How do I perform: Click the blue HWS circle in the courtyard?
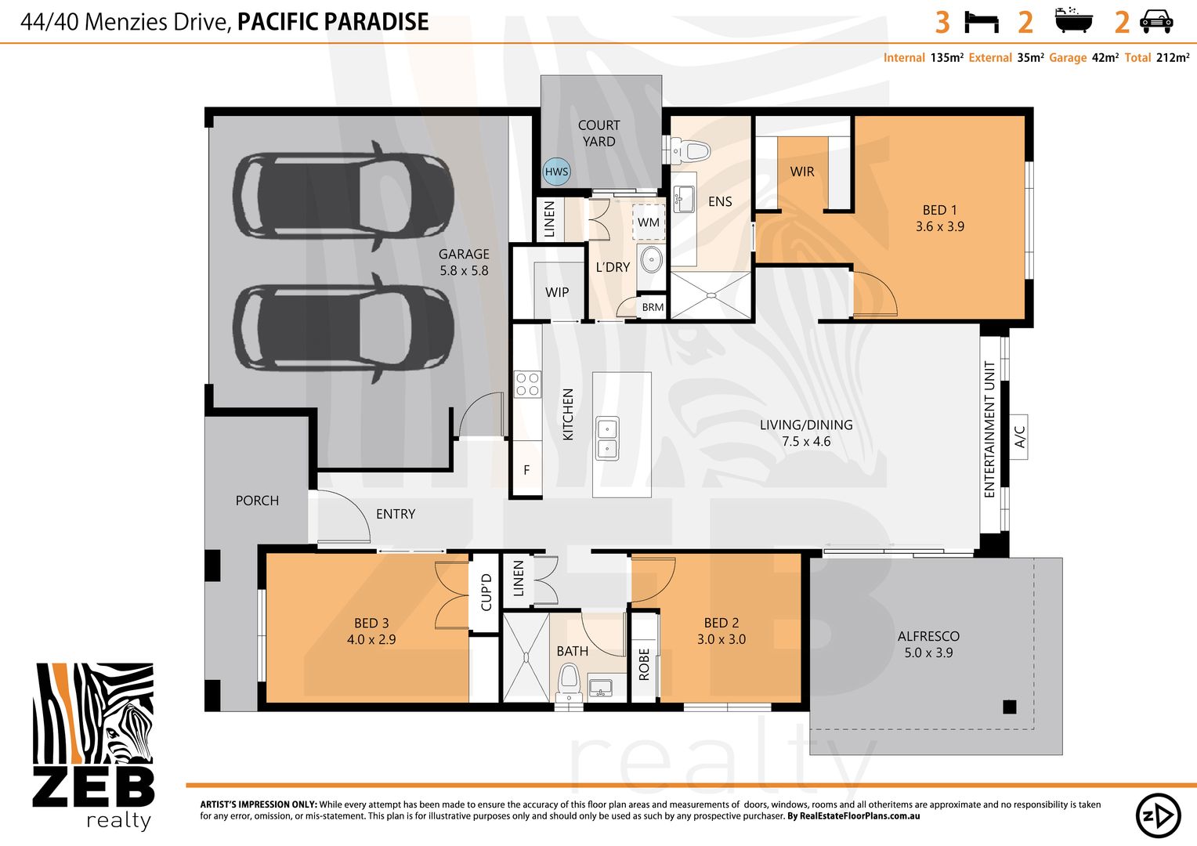pyautogui.click(x=556, y=172)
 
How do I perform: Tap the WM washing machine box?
pyautogui.click(x=648, y=222)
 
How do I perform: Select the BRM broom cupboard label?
pyautogui.click(x=653, y=307)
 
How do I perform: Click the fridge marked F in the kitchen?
pyautogui.click(x=527, y=470)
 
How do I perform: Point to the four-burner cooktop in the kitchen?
pyautogui.click(x=527, y=385)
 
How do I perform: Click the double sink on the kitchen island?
pyautogui.click(x=608, y=438)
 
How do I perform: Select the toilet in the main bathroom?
pyautogui.click(x=569, y=681)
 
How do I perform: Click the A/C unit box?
pyautogui.click(x=1018, y=436)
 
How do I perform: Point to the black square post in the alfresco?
pyautogui.click(x=1010, y=707)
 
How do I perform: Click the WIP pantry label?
pyautogui.click(x=557, y=292)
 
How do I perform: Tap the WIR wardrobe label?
pyautogui.click(x=802, y=172)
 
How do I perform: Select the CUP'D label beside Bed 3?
pyautogui.click(x=486, y=592)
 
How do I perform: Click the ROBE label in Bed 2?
pyautogui.click(x=644, y=664)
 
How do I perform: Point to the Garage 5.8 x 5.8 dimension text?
pyautogui.click(x=464, y=270)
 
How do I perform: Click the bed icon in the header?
pyautogui.click(x=982, y=23)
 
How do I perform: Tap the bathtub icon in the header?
pyautogui.click(x=1073, y=20)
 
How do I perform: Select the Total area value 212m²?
pyautogui.click(x=1173, y=58)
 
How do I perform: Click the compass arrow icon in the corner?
pyautogui.click(x=1158, y=815)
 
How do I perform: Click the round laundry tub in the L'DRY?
pyautogui.click(x=652, y=260)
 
